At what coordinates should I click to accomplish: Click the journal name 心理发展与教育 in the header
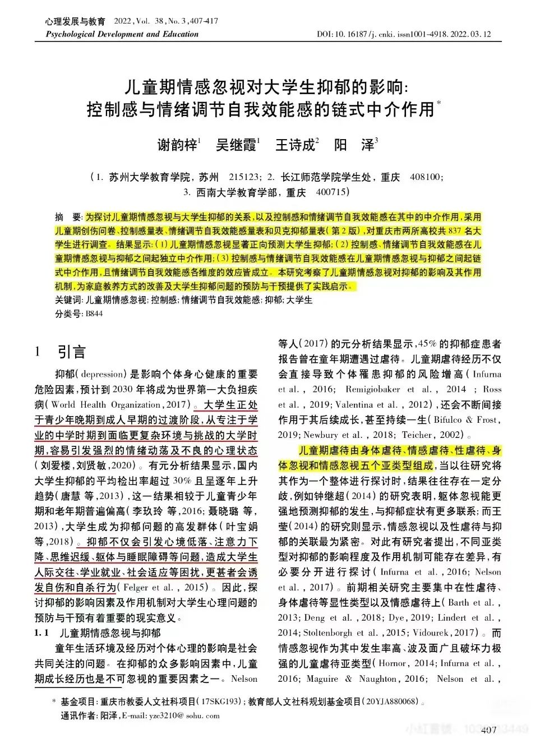(75, 21)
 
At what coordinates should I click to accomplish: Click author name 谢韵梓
(177, 145)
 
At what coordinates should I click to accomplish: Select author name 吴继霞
(236, 145)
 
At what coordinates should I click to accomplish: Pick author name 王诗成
(295, 145)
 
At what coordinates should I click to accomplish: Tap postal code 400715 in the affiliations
(331, 192)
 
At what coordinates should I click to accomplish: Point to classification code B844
(94, 314)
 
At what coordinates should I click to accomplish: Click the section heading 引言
(72, 352)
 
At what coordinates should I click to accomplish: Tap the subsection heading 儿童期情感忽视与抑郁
(109, 633)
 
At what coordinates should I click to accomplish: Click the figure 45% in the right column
(427, 344)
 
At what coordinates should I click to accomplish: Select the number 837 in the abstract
(455, 231)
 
